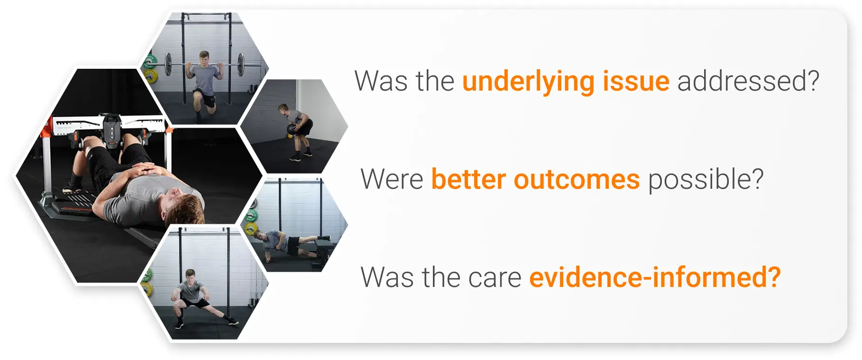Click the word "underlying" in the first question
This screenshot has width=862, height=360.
[x=528, y=82]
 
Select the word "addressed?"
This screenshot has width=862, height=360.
[x=748, y=82]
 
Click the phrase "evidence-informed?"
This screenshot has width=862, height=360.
[x=654, y=277]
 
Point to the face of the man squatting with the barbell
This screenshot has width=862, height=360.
[x=204, y=58]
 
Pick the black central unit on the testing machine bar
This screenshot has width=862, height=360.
[x=112, y=128]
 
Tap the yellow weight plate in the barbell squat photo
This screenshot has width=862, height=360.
[x=151, y=76]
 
